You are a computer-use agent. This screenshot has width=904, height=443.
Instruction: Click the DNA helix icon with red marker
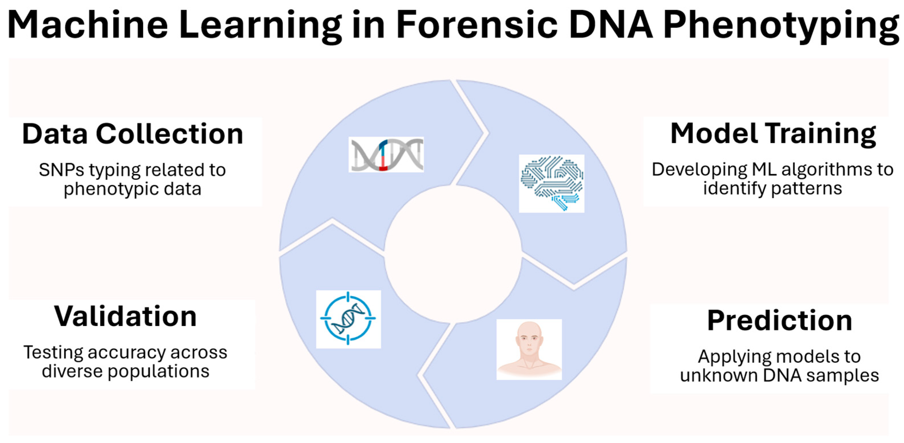tap(386, 155)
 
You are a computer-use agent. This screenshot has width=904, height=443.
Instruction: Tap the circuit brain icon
tap(552, 183)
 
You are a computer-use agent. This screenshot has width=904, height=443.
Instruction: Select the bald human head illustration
tap(529, 349)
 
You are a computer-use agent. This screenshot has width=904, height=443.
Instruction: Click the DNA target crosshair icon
tap(348, 319)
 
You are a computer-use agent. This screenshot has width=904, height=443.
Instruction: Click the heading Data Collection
tap(133, 134)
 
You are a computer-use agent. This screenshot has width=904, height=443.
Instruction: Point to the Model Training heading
tap(773, 134)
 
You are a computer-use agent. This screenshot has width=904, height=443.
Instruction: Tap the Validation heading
tap(125, 317)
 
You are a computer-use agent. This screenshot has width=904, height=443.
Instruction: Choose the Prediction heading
tap(779, 321)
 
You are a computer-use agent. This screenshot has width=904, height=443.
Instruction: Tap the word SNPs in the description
tap(61, 170)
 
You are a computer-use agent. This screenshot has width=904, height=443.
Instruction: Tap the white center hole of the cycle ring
tap(453, 254)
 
